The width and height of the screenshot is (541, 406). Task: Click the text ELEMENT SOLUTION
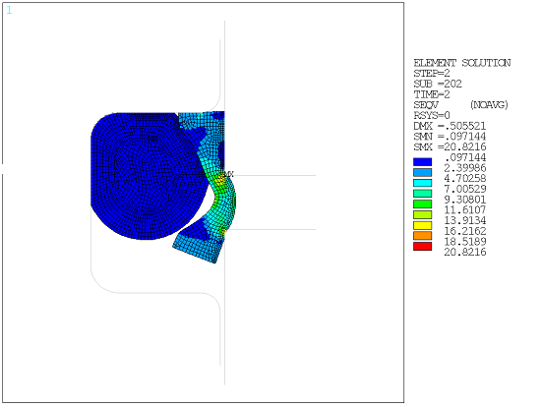[461, 63]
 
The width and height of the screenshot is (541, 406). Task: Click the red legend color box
[423, 247]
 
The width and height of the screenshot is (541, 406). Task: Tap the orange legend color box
[423, 237]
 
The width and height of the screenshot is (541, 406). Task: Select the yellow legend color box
[423, 226]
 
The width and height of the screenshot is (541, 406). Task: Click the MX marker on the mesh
[226, 174]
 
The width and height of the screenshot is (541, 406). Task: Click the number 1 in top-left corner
[9, 10]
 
